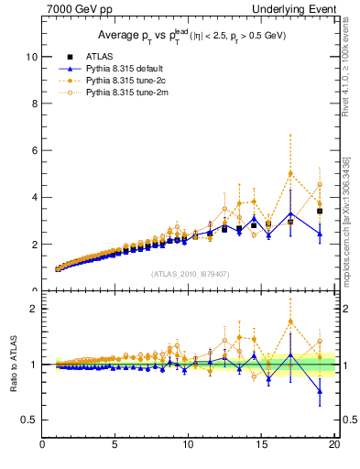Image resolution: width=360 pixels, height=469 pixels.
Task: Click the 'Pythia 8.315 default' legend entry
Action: (x=123, y=69)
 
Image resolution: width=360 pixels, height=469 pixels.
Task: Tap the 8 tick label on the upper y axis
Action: (x=34, y=104)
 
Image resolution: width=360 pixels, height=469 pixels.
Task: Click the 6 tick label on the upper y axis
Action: (x=34, y=150)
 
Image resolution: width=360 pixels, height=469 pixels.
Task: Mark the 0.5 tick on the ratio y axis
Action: (x=29, y=420)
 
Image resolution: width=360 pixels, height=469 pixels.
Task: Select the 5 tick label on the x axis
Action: (x=115, y=446)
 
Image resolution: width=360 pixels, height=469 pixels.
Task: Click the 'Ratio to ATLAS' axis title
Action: (x=14, y=365)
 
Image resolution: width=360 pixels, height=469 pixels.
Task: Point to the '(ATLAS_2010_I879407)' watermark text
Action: (x=191, y=273)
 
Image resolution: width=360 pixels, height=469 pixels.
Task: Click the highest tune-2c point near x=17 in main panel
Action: (x=290, y=174)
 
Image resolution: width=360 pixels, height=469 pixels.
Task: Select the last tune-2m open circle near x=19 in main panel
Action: (x=320, y=185)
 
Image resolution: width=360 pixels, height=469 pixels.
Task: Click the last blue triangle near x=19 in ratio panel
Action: (x=320, y=391)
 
